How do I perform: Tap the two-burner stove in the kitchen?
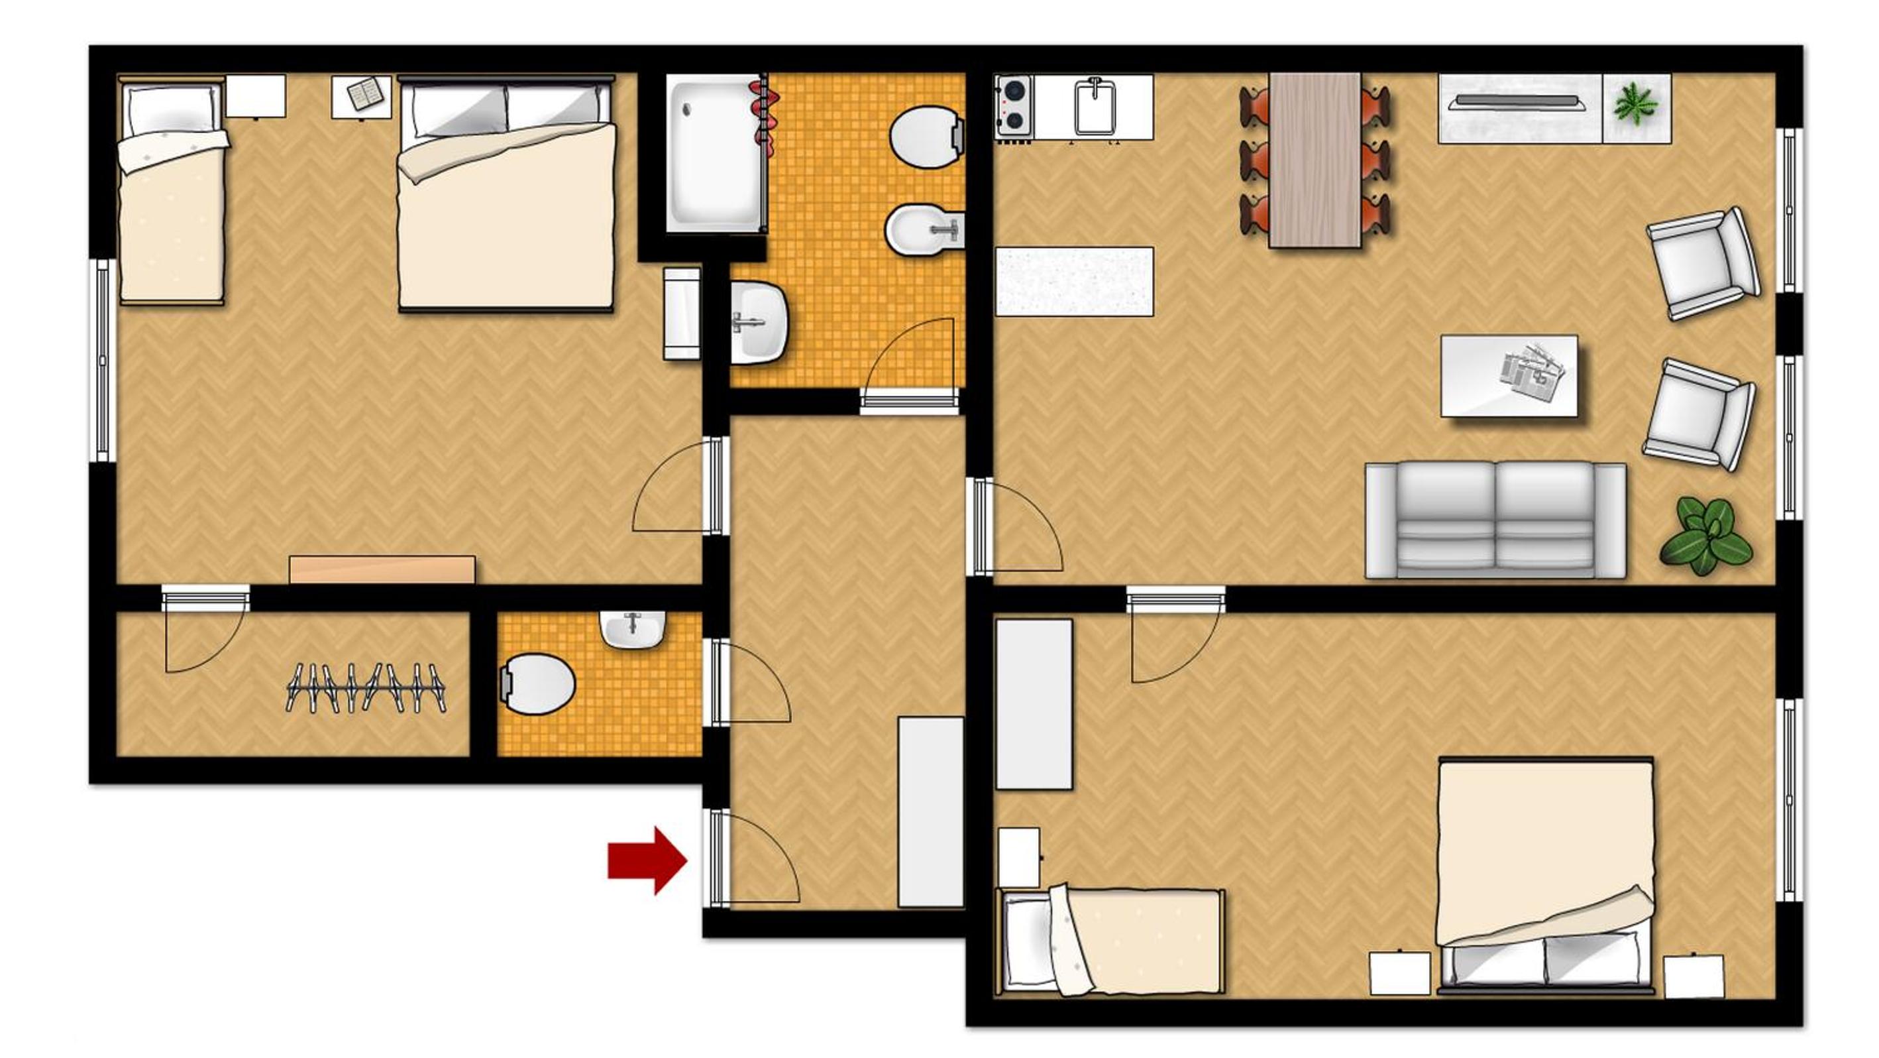[1014, 107]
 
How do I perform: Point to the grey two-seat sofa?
[1495, 520]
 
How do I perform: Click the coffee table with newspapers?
[1509, 376]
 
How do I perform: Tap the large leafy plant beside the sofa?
[1705, 536]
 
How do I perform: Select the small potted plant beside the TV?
[1635, 103]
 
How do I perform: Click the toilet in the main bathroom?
[925, 137]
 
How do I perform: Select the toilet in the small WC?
[538, 683]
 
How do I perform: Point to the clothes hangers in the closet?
[364, 687]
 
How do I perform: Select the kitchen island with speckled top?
[1074, 282]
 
